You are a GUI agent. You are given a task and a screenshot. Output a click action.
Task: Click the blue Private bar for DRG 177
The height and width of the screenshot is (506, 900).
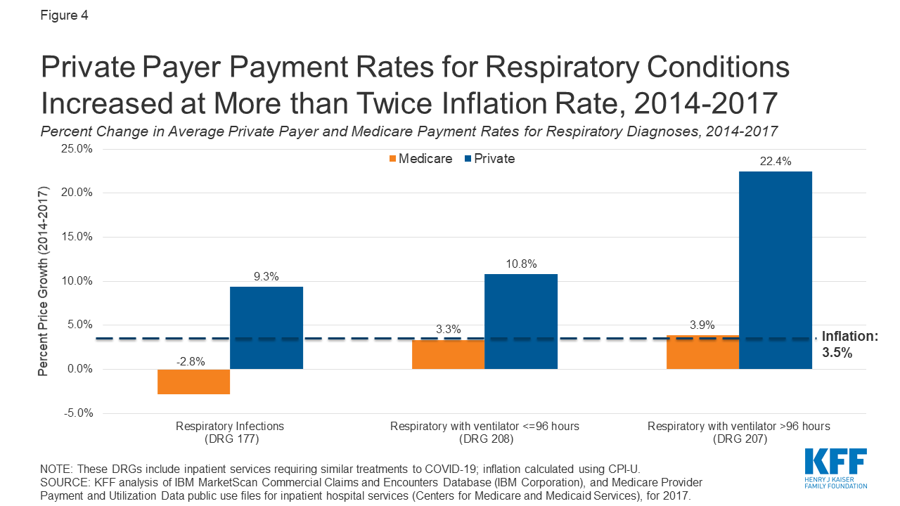pyautogui.click(x=266, y=327)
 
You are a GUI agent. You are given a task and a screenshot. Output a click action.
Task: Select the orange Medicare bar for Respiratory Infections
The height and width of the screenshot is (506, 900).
pyautogui.click(x=193, y=382)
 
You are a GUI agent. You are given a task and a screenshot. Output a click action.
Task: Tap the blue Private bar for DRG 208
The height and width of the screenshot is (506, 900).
pyautogui.click(x=521, y=321)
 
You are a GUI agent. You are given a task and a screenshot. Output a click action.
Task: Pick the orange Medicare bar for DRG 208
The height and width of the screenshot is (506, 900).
pyautogui.click(x=448, y=355)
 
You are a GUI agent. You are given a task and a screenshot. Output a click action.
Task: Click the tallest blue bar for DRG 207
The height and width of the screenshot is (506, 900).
pyautogui.click(x=776, y=270)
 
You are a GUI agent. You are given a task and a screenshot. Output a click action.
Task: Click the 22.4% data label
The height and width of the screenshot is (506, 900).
pyautogui.click(x=776, y=162)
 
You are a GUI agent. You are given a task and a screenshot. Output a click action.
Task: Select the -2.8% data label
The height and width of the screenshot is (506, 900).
pyautogui.click(x=191, y=362)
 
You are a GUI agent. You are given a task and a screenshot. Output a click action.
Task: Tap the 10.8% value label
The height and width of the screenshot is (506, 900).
pyautogui.click(x=521, y=264)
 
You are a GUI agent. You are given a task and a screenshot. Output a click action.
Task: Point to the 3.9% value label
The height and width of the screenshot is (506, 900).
pyautogui.click(x=702, y=325)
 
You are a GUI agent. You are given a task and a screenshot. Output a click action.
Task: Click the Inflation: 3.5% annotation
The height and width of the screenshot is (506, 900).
pyautogui.click(x=849, y=345)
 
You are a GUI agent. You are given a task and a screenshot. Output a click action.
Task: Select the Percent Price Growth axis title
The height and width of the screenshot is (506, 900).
pyautogui.click(x=44, y=281)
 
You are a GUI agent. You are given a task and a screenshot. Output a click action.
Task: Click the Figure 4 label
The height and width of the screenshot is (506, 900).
pyautogui.click(x=63, y=15)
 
